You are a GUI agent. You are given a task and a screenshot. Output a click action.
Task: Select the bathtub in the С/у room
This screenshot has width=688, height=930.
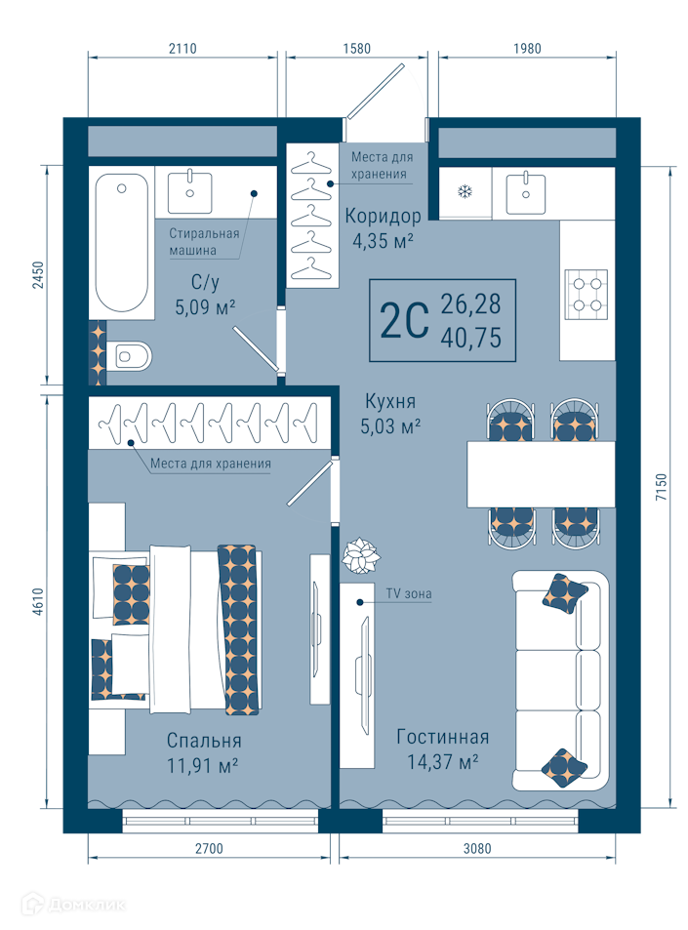pyautogui.click(x=122, y=242)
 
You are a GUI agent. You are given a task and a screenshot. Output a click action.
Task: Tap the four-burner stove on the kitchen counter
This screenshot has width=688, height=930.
pyautogui.click(x=586, y=291)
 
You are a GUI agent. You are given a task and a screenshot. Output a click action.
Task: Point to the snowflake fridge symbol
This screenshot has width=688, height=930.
pyautogui.click(x=465, y=191)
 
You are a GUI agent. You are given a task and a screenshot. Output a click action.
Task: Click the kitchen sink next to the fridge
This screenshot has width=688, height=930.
pyautogui.click(x=525, y=193)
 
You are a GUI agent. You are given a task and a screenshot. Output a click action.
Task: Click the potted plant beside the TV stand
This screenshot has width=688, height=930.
pyautogui.click(x=361, y=555)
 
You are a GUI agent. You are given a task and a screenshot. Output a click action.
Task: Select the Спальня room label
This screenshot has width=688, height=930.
pyautogui.click(x=204, y=741)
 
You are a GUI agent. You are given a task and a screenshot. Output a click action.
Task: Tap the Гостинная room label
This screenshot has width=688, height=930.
pyautogui.click(x=443, y=737)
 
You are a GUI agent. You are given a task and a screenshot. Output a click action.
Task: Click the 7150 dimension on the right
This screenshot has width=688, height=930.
pyautogui.click(x=662, y=487)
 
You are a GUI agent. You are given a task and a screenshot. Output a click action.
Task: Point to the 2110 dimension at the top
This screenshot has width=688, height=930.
pyautogui.click(x=182, y=49)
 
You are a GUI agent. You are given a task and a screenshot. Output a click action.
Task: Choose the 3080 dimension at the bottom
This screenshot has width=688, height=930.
pyautogui.click(x=477, y=849)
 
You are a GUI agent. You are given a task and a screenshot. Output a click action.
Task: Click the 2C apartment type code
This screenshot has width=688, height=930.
pyautogui.click(x=404, y=320)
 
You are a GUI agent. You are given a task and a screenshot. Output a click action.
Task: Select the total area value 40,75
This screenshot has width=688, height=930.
pyautogui.click(x=471, y=338)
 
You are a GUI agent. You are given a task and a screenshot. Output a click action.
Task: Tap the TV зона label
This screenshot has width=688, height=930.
pyautogui.click(x=409, y=593)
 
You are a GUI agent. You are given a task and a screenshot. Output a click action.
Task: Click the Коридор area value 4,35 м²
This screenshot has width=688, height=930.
pyautogui.click(x=383, y=241)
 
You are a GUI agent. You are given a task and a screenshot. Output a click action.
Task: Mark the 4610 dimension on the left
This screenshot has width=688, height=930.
pyautogui.click(x=38, y=601)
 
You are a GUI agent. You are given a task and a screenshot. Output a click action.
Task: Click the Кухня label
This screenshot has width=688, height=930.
pyautogui.click(x=390, y=401)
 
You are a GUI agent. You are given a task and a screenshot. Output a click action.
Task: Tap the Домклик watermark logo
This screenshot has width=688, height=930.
pyautogui.click(x=73, y=905)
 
